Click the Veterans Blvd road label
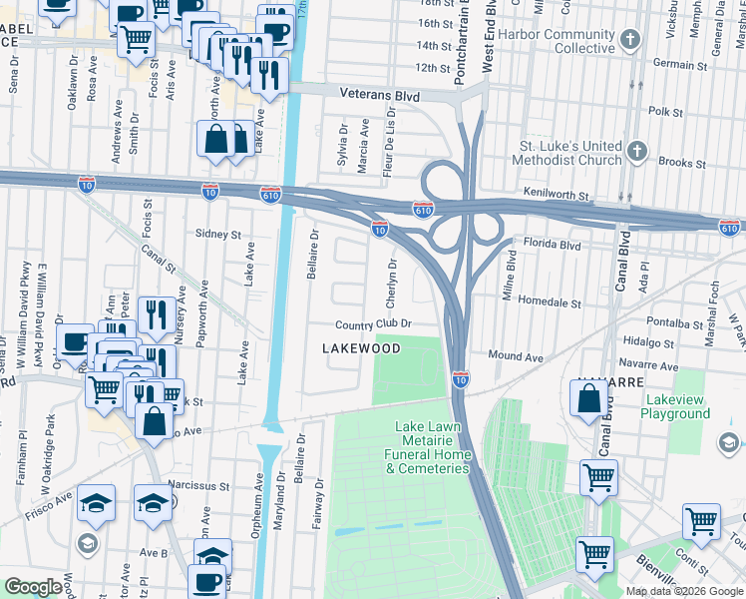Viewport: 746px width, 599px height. pyautogui.click(x=377, y=97)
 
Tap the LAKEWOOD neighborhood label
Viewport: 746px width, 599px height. pyautogui.click(x=360, y=348)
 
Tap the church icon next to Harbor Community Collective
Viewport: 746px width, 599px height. pyautogui.click(x=630, y=41)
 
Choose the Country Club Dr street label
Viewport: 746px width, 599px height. pyautogui.click(x=373, y=325)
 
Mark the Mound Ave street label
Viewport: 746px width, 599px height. pyautogui.click(x=516, y=356)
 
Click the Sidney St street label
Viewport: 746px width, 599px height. pyautogui.click(x=218, y=235)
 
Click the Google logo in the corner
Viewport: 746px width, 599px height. pyautogui.click(x=33, y=587)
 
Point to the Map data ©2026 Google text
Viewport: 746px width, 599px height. pyautogui.click(x=684, y=591)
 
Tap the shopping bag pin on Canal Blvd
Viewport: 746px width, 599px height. pyautogui.click(x=588, y=399)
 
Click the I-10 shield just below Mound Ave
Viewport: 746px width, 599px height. pyautogui.click(x=460, y=379)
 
